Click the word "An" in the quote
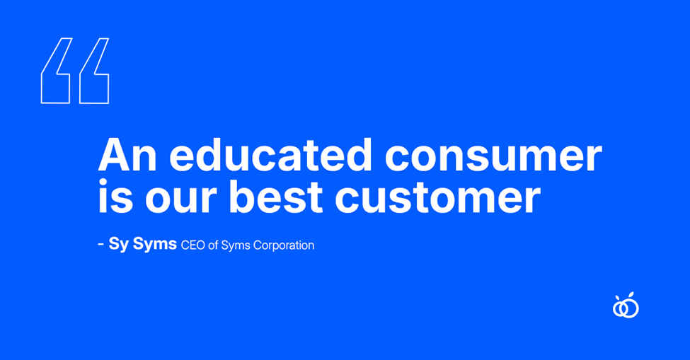[x=127, y=155]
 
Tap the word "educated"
[x=270, y=154]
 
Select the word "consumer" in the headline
[x=493, y=157]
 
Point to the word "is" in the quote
[x=115, y=196]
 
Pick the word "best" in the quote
[x=276, y=196]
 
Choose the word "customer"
[x=438, y=197]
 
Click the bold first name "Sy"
[x=118, y=244]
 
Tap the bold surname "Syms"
[x=154, y=244]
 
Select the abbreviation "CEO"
[x=193, y=245]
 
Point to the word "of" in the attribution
[x=214, y=245]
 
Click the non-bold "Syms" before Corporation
[x=236, y=245]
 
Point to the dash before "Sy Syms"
[x=100, y=244]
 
